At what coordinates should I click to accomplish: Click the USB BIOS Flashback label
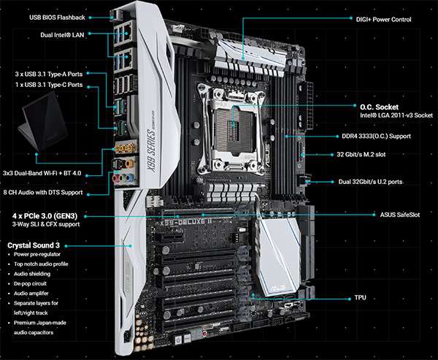[57, 18]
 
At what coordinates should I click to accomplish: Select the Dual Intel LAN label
[62, 35]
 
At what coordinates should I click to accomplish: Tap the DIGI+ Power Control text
[383, 20]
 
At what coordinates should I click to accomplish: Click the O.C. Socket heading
[379, 107]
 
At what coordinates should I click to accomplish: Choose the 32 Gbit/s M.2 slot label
[361, 154]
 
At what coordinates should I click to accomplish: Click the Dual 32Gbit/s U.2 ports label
[370, 182]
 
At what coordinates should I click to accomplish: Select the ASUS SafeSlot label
[400, 215]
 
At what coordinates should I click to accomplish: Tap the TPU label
[361, 298]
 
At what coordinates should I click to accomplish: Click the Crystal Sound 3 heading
[34, 245]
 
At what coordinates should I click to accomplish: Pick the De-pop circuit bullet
[30, 283]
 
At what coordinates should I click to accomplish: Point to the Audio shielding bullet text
[32, 274]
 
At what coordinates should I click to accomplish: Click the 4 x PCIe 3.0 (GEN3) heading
[45, 215]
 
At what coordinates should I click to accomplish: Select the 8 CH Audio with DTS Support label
[43, 192]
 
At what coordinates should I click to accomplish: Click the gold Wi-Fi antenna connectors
[124, 148]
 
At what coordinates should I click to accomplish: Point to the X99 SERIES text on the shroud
[151, 151]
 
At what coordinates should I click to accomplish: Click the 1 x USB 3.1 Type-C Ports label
[49, 85]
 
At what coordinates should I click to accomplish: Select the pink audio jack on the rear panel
[115, 178]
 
